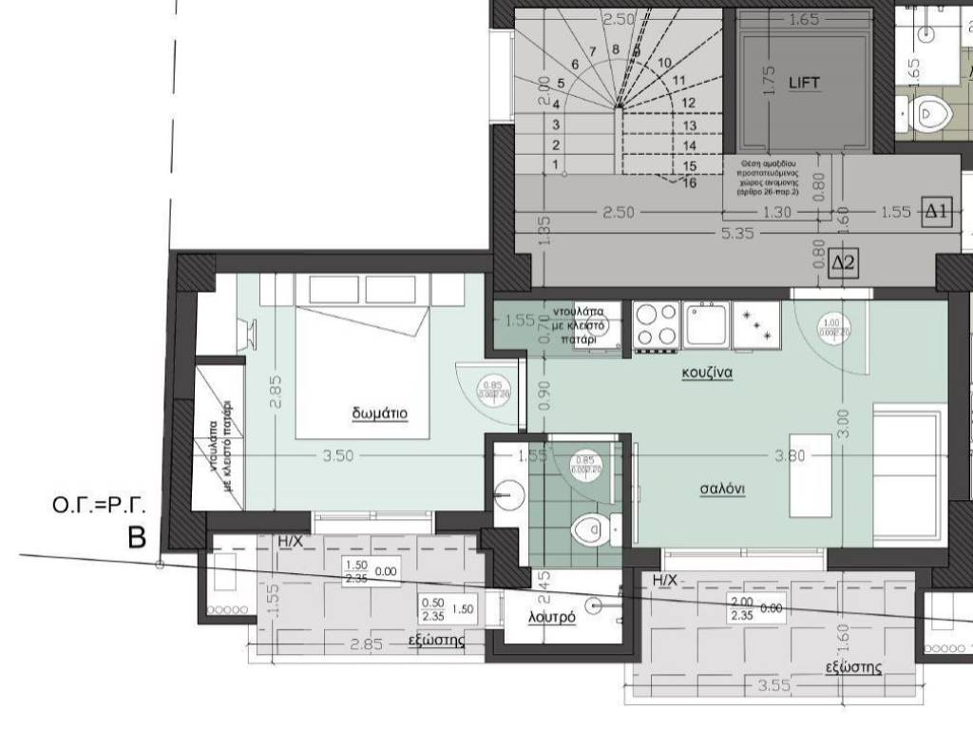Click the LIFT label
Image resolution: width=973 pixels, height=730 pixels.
(804, 84)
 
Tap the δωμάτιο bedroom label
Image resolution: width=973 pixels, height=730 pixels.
(379, 413)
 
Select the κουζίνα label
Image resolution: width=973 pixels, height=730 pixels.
(706, 374)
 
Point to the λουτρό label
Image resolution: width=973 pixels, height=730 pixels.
(552, 617)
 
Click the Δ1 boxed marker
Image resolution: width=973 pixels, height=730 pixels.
(937, 212)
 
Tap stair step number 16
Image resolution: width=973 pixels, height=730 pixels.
(690, 182)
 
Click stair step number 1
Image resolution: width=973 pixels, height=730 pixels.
(555, 165)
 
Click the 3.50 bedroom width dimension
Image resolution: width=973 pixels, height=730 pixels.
(337, 456)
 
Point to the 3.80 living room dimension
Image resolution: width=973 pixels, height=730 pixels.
(790, 456)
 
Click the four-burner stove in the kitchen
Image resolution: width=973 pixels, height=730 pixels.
(655, 325)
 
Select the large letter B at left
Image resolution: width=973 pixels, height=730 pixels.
(137, 540)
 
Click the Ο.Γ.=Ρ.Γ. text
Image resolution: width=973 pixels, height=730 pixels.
(89, 509)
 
